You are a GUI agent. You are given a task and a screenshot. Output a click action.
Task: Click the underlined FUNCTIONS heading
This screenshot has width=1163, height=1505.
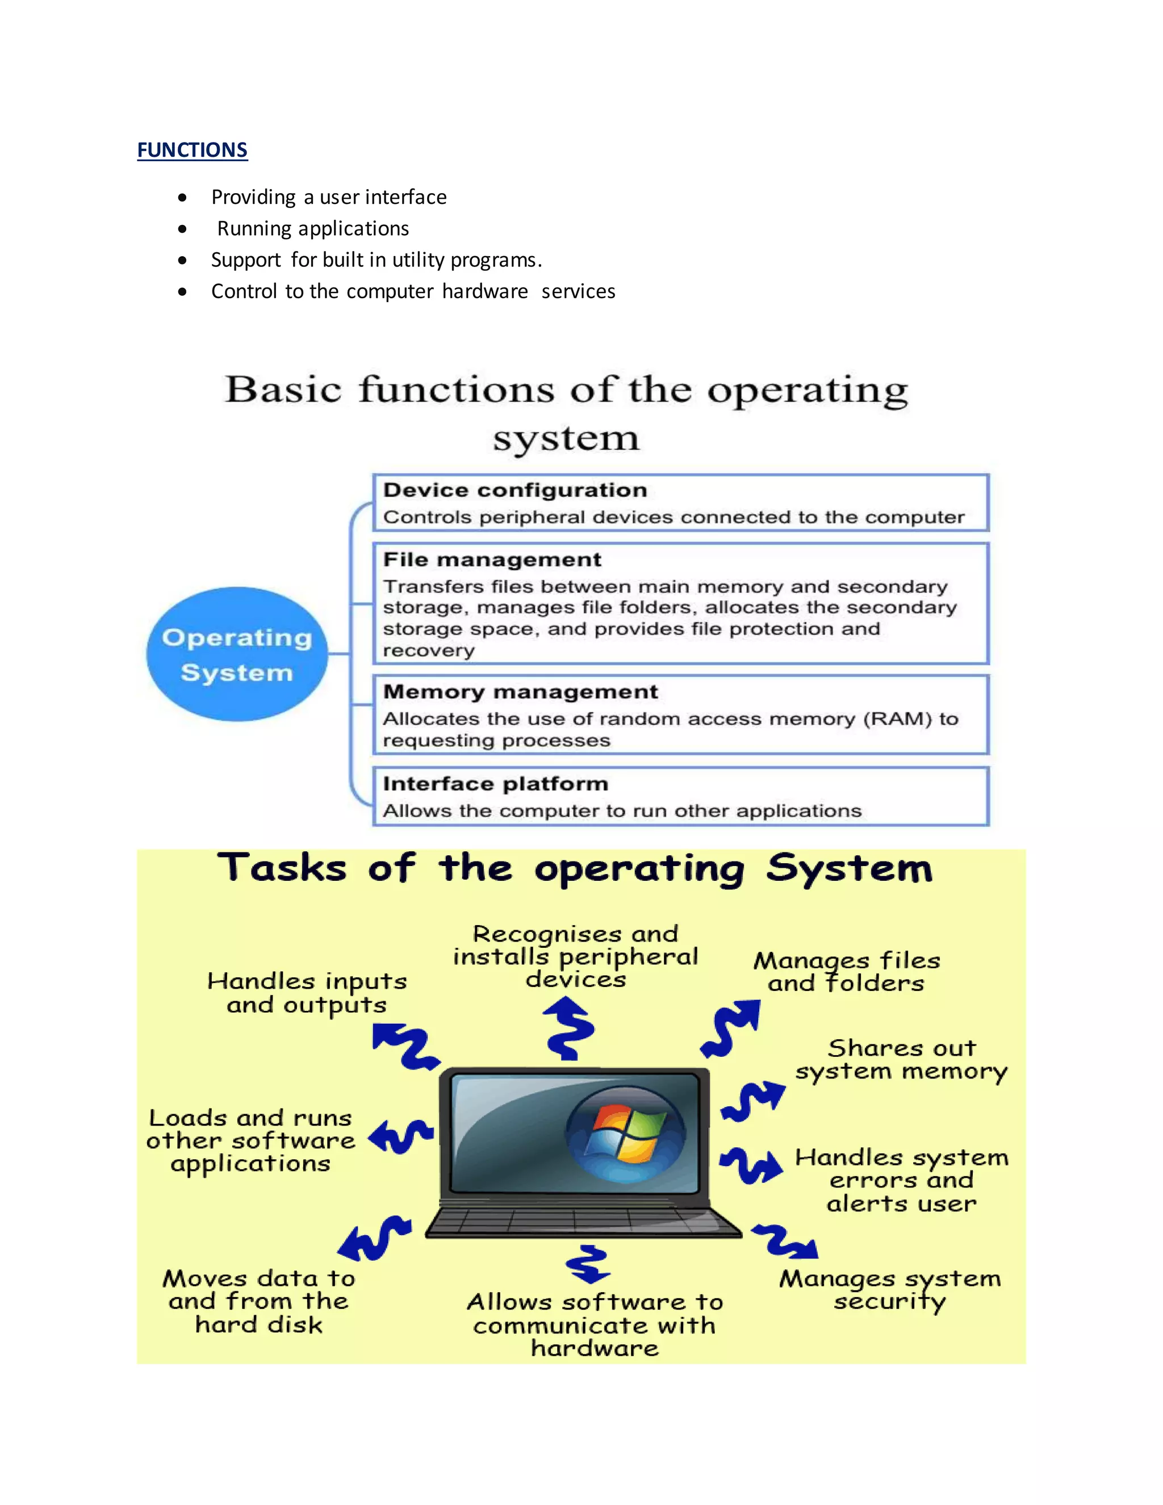[193, 150]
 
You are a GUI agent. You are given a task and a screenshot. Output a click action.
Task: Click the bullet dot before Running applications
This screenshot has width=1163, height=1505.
[182, 229]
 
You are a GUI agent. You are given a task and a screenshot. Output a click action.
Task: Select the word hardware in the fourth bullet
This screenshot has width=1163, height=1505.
[485, 291]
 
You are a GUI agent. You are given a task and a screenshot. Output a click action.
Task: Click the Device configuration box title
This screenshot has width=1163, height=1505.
[514, 490]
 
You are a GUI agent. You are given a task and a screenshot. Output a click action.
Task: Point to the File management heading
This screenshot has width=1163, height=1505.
[492, 559]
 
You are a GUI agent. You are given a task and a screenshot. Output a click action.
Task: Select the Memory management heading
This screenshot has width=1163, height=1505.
[520, 692]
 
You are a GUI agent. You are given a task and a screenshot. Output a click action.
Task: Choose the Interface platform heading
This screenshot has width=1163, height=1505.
[495, 784]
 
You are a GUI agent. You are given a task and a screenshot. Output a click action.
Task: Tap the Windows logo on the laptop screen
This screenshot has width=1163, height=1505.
[625, 1134]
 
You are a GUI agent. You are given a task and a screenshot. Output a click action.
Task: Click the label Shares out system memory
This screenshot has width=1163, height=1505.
[901, 1060]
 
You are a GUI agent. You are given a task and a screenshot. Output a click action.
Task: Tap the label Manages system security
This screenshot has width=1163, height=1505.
[889, 1290]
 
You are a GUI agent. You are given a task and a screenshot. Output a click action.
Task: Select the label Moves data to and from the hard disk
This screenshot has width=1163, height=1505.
[259, 1301]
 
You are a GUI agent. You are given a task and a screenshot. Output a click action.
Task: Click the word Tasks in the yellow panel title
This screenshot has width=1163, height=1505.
[282, 868]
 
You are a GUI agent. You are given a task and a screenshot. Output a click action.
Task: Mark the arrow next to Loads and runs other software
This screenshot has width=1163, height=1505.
[400, 1135]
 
